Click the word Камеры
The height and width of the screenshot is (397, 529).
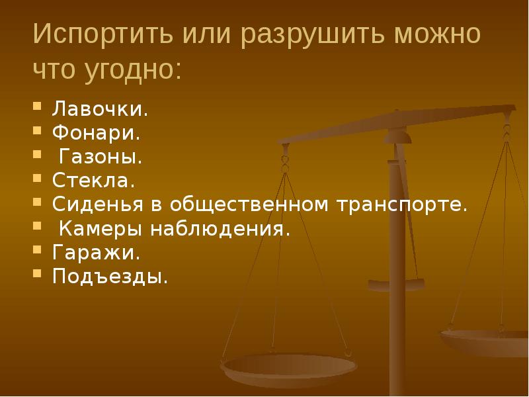(x=99, y=228)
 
